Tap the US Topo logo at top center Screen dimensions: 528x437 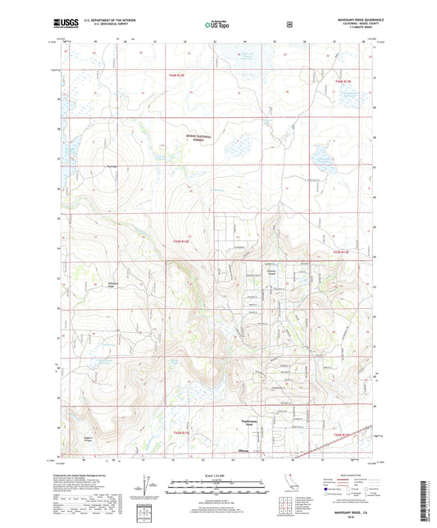pos(219,25)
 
